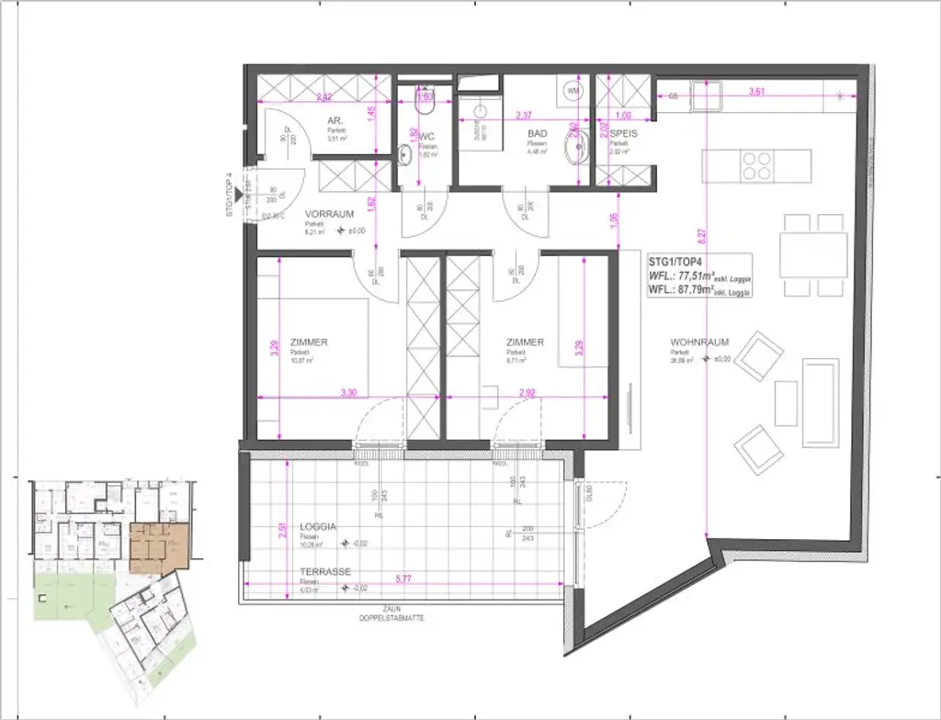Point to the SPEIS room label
tap(622, 133)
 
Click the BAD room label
tap(537, 133)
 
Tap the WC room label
tap(426, 136)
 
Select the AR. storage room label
tap(335, 120)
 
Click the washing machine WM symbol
tap(573, 91)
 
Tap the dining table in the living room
tap(813, 254)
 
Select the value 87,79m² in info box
tap(704, 290)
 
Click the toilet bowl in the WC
tap(405, 153)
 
